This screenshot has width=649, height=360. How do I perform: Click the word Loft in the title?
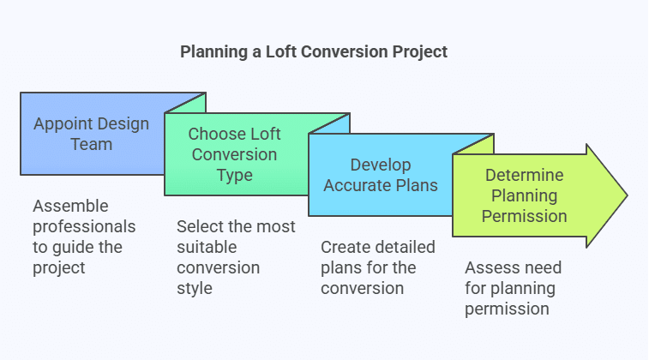[281, 51]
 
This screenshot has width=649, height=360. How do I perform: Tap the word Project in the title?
[420, 52]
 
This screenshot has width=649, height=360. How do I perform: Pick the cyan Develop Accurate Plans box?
[381, 175]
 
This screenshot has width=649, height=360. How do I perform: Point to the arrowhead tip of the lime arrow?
[628, 195]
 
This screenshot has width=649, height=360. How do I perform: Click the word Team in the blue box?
[92, 144]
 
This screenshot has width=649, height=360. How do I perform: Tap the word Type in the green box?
[235, 176]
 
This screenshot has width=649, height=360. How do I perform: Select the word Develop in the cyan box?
[381, 165]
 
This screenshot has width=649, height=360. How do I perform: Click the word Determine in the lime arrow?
[524, 175]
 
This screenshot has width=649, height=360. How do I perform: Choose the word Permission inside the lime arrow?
[524, 216]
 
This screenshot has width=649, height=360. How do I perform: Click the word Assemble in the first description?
[70, 206]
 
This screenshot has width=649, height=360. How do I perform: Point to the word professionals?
[84, 227]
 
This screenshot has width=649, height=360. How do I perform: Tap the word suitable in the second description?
[207, 248]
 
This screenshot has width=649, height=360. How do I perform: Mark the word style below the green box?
[194, 289]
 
